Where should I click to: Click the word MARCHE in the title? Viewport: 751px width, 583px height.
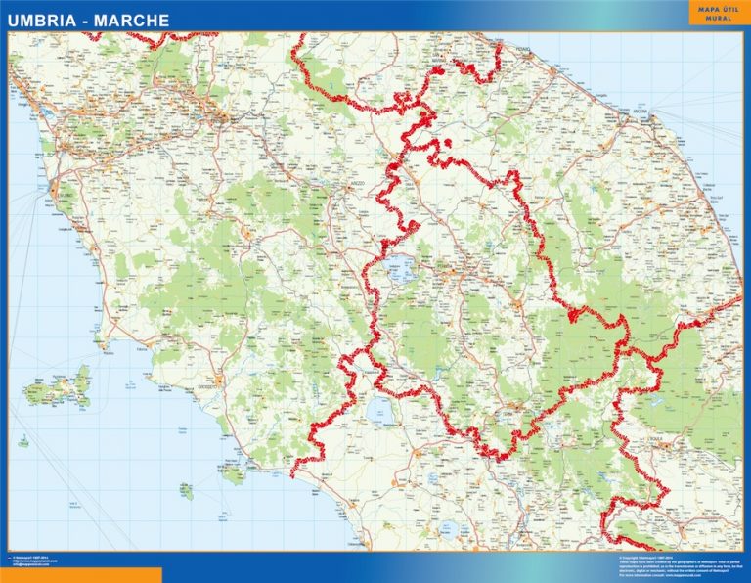tap(132, 20)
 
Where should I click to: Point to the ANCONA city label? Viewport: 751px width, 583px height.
tap(641, 112)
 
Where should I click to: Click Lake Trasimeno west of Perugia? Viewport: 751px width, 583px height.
tap(402, 270)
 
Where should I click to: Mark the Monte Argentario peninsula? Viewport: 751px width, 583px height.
tap(234, 475)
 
